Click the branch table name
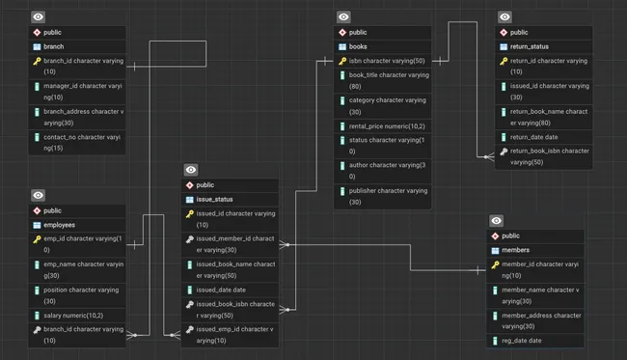[53, 46]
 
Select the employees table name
[61, 224]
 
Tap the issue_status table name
[214, 199]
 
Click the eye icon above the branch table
[38, 17]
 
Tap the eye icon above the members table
[496, 221]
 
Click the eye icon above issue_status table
[191, 170]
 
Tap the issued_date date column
[220, 289]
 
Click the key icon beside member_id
[495, 263]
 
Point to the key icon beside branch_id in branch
[36, 61]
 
